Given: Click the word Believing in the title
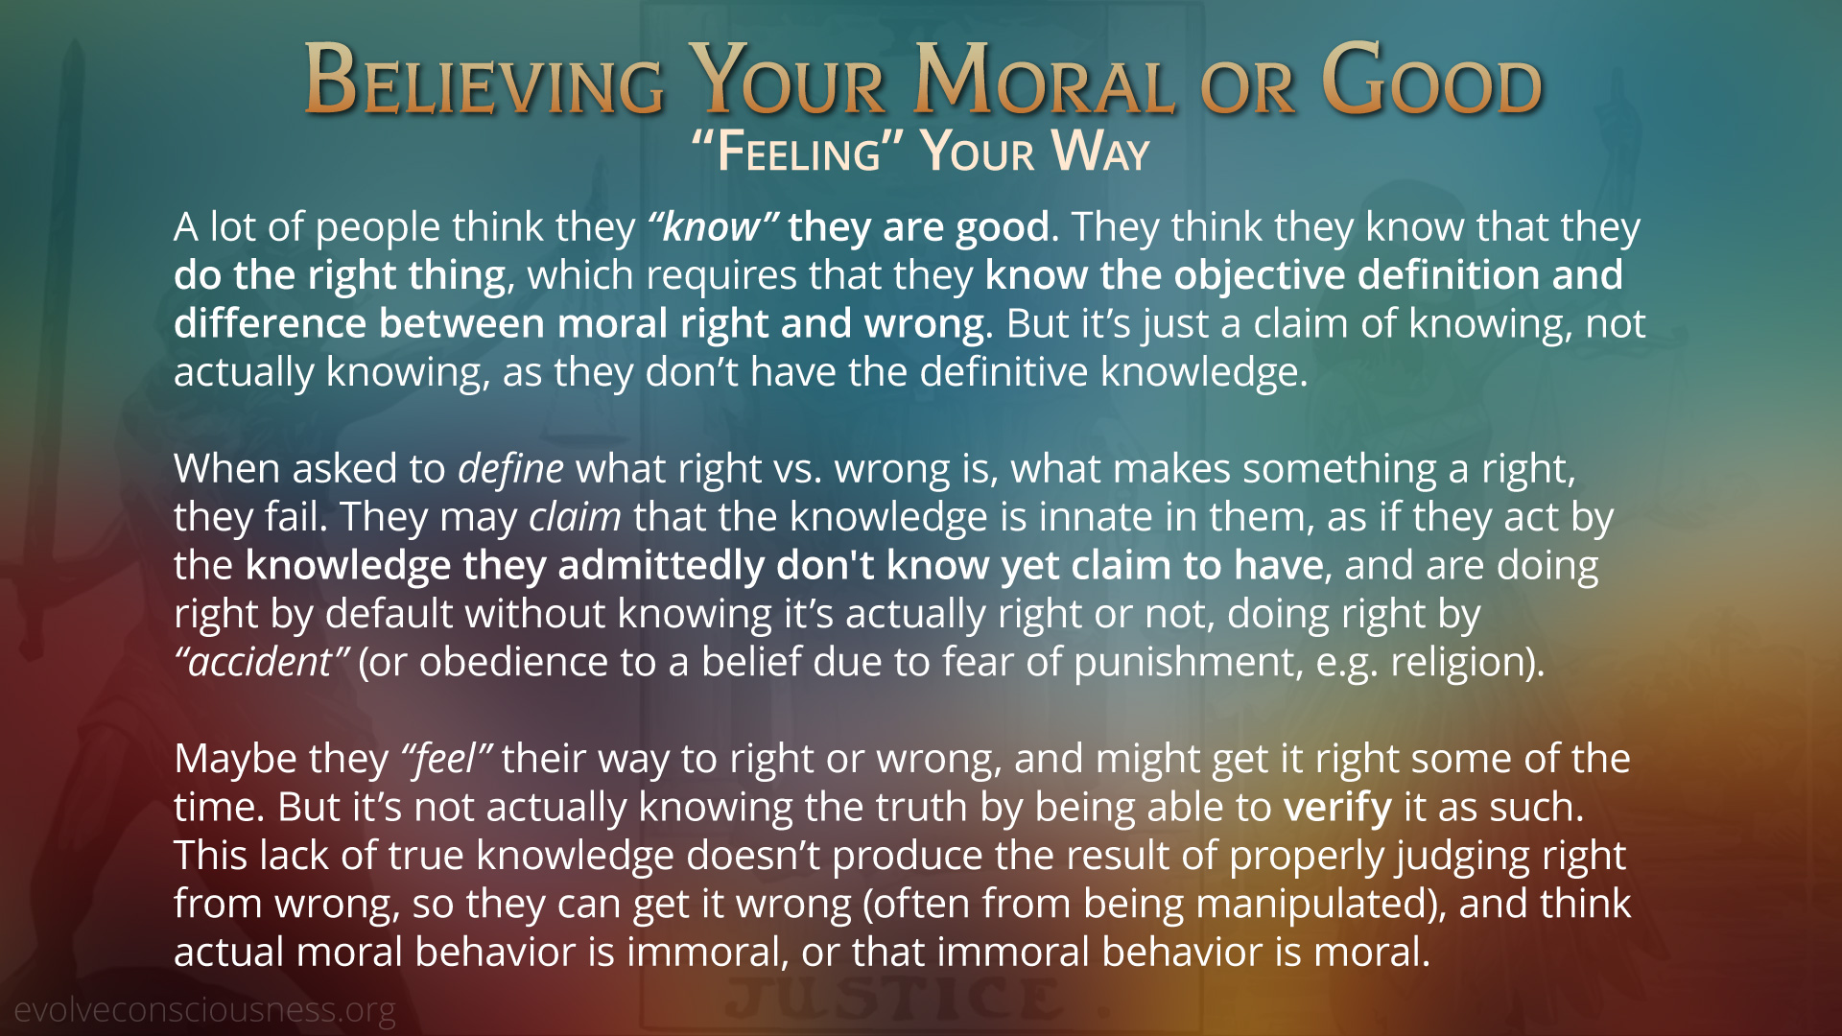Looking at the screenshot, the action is pyautogui.click(x=484, y=81).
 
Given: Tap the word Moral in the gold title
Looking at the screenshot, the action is pyautogui.click(x=1044, y=81).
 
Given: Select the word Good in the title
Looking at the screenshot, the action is pyautogui.click(x=1432, y=81).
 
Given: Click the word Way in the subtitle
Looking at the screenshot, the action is pyautogui.click(x=1099, y=153).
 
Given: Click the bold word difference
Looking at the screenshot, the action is pyautogui.click(x=270, y=323).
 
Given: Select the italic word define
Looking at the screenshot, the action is pyautogui.click(x=510, y=468).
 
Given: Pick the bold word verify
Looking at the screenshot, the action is pyautogui.click(x=1337, y=809).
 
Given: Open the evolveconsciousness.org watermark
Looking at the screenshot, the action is pyautogui.click(x=204, y=1010).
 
